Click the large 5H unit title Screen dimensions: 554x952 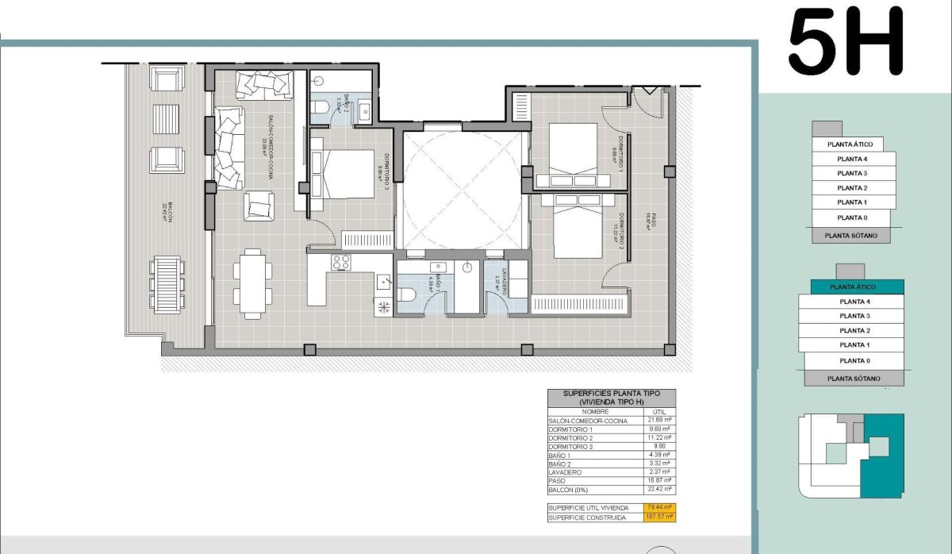tap(846, 41)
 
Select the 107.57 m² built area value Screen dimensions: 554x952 tap(658, 517)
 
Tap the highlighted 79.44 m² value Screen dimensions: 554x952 tap(658, 507)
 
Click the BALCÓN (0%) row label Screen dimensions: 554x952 tap(571, 490)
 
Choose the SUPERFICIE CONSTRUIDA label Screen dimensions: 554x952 tap(587, 517)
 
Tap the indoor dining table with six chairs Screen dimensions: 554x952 tap(252, 283)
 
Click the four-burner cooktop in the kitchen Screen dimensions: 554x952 tap(341, 262)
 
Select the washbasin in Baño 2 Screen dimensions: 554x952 tap(365, 110)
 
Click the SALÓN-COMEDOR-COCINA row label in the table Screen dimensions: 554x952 tap(588, 421)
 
